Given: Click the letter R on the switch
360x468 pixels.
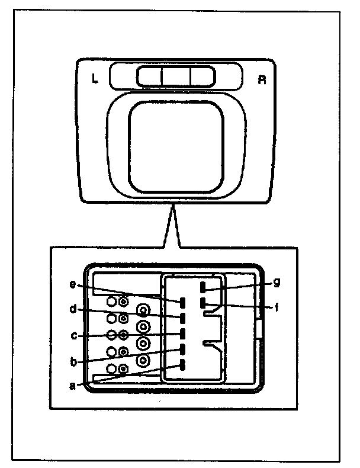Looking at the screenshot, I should [261, 79].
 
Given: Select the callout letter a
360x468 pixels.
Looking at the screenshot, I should [72, 385].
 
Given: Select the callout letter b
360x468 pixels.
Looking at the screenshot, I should [72, 360].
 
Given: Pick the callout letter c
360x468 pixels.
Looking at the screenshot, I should [72, 335].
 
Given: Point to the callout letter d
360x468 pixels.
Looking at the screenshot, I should [72, 309].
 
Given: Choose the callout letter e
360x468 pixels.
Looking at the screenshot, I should [72, 286].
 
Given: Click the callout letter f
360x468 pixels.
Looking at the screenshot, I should [277, 308].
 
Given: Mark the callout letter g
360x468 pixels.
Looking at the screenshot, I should [277, 283].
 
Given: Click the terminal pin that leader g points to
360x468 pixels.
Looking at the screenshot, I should [203, 288].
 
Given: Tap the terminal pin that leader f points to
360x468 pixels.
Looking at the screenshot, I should [203, 304].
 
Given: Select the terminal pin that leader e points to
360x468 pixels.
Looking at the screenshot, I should [183, 303].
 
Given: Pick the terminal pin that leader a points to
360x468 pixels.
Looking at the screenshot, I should [183, 364].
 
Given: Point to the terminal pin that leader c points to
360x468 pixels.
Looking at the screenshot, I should [183, 333].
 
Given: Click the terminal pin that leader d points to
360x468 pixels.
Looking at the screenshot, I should [183, 318].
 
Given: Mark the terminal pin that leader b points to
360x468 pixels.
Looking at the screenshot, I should [183, 349].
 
